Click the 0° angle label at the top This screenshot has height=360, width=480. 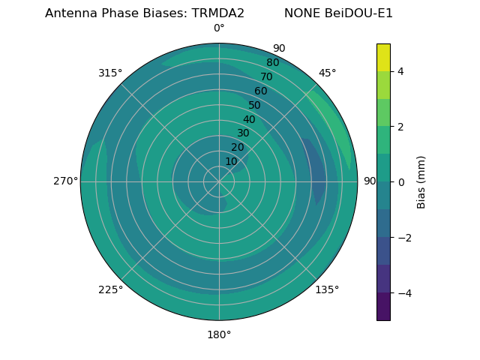(219, 28)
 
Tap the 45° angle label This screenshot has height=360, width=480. (327, 73)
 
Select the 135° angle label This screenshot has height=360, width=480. (327, 289)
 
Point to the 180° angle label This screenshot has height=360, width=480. (219, 334)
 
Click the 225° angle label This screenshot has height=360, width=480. (110, 289)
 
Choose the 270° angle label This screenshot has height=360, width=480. (65, 181)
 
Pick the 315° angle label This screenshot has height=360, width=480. (110, 73)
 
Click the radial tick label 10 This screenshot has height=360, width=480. (231, 161)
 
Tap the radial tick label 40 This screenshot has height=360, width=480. (249, 120)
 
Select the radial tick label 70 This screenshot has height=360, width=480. (267, 77)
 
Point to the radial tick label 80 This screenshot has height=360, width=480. (273, 63)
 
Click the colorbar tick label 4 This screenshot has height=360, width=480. (401, 71)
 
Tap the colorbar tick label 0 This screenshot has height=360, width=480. (401, 182)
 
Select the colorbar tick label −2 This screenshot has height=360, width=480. (403, 238)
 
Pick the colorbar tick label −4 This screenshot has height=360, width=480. (403, 293)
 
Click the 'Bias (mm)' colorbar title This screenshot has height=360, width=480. (421, 182)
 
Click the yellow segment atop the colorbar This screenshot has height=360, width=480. (383, 57)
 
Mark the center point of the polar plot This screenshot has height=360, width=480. (219, 181)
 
